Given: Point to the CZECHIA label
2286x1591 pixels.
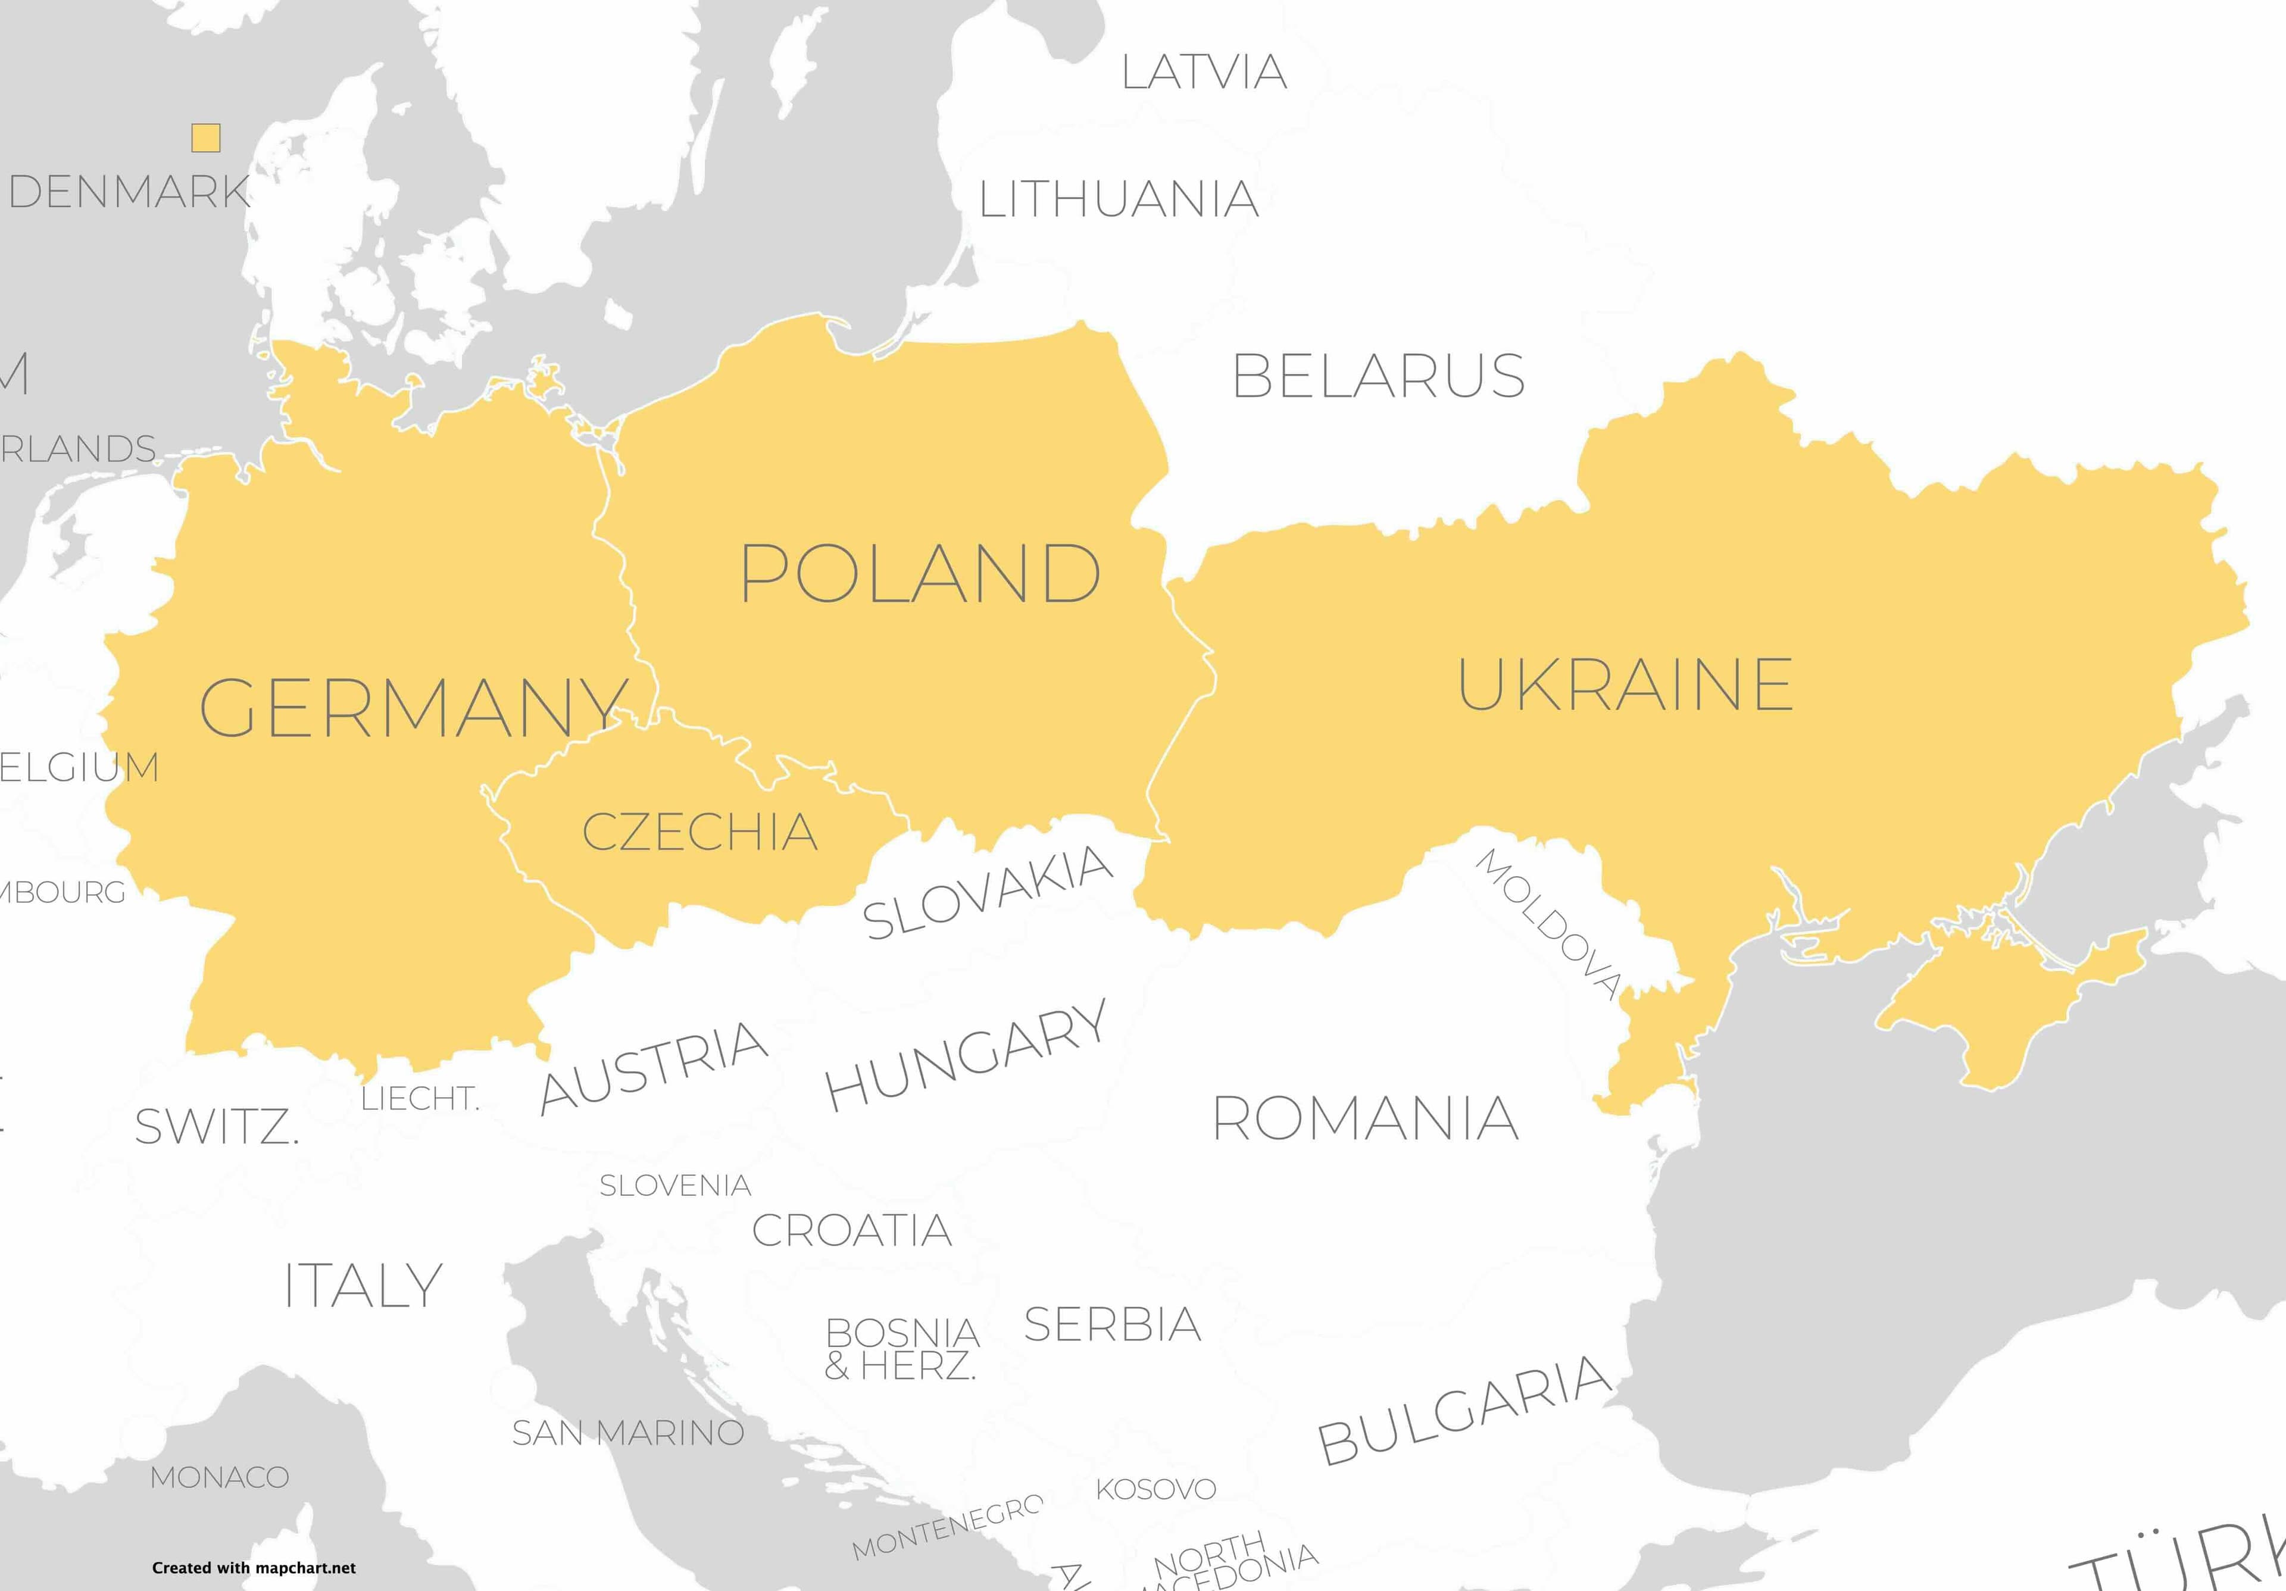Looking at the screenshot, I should click(x=700, y=832).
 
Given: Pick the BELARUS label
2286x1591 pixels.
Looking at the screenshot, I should click(x=1378, y=376).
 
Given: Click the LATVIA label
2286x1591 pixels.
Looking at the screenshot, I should click(x=1204, y=71).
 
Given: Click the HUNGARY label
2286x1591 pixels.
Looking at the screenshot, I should click(x=966, y=1055).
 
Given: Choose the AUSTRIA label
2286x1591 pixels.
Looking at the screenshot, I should click(x=653, y=1067).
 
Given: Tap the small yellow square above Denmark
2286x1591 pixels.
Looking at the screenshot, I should click(x=206, y=137).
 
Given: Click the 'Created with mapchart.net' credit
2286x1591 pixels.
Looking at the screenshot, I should click(x=254, y=1568).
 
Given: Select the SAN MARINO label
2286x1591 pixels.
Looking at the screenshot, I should click(x=627, y=1433).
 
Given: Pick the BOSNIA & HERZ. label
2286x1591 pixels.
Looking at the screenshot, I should click(x=901, y=1349).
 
